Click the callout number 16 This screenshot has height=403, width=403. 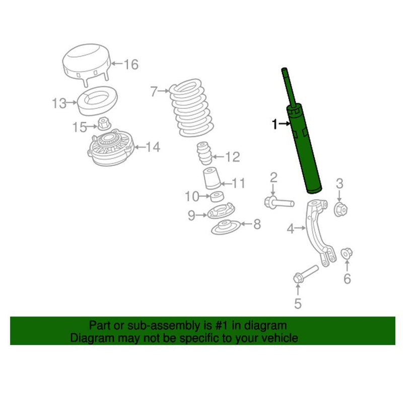click(130, 64)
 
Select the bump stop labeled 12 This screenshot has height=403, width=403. click(204, 155)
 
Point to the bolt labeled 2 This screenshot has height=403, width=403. click(279, 202)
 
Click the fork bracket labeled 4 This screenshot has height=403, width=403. click(317, 232)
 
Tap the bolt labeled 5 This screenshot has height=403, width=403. click(305, 274)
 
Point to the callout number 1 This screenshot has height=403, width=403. click(275, 124)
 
